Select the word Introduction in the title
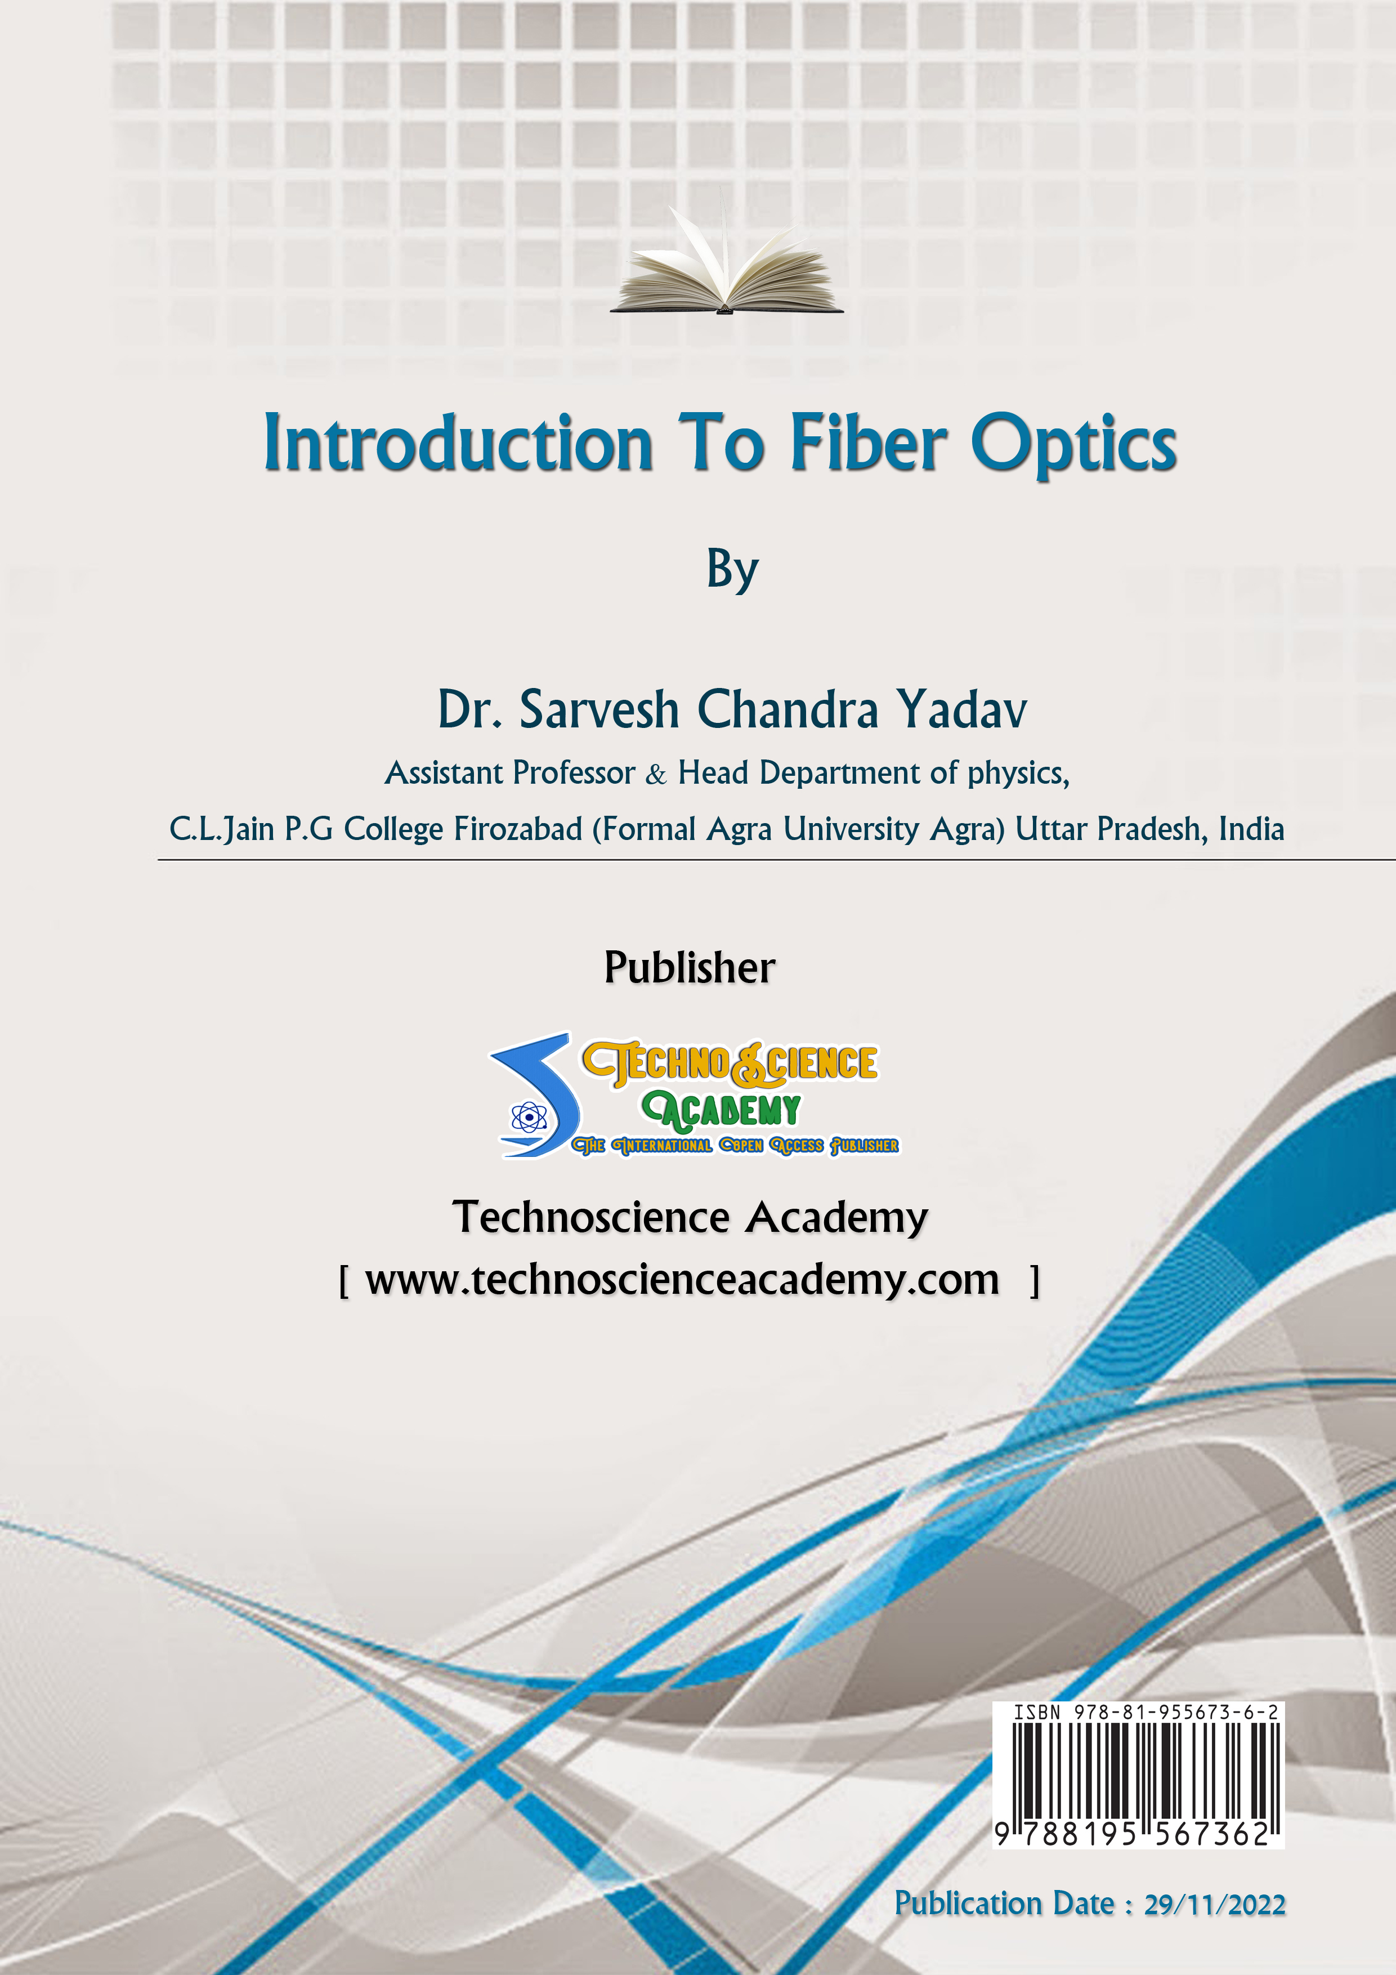click(458, 443)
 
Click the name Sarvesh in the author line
click(599, 711)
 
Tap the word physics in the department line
click(1018, 774)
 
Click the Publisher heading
click(690, 968)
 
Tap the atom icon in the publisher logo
click(528, 1118)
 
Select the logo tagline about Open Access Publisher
click(735, 1146)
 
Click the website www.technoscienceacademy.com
click(682, 1280)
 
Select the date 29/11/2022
click(1215, 1905)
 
